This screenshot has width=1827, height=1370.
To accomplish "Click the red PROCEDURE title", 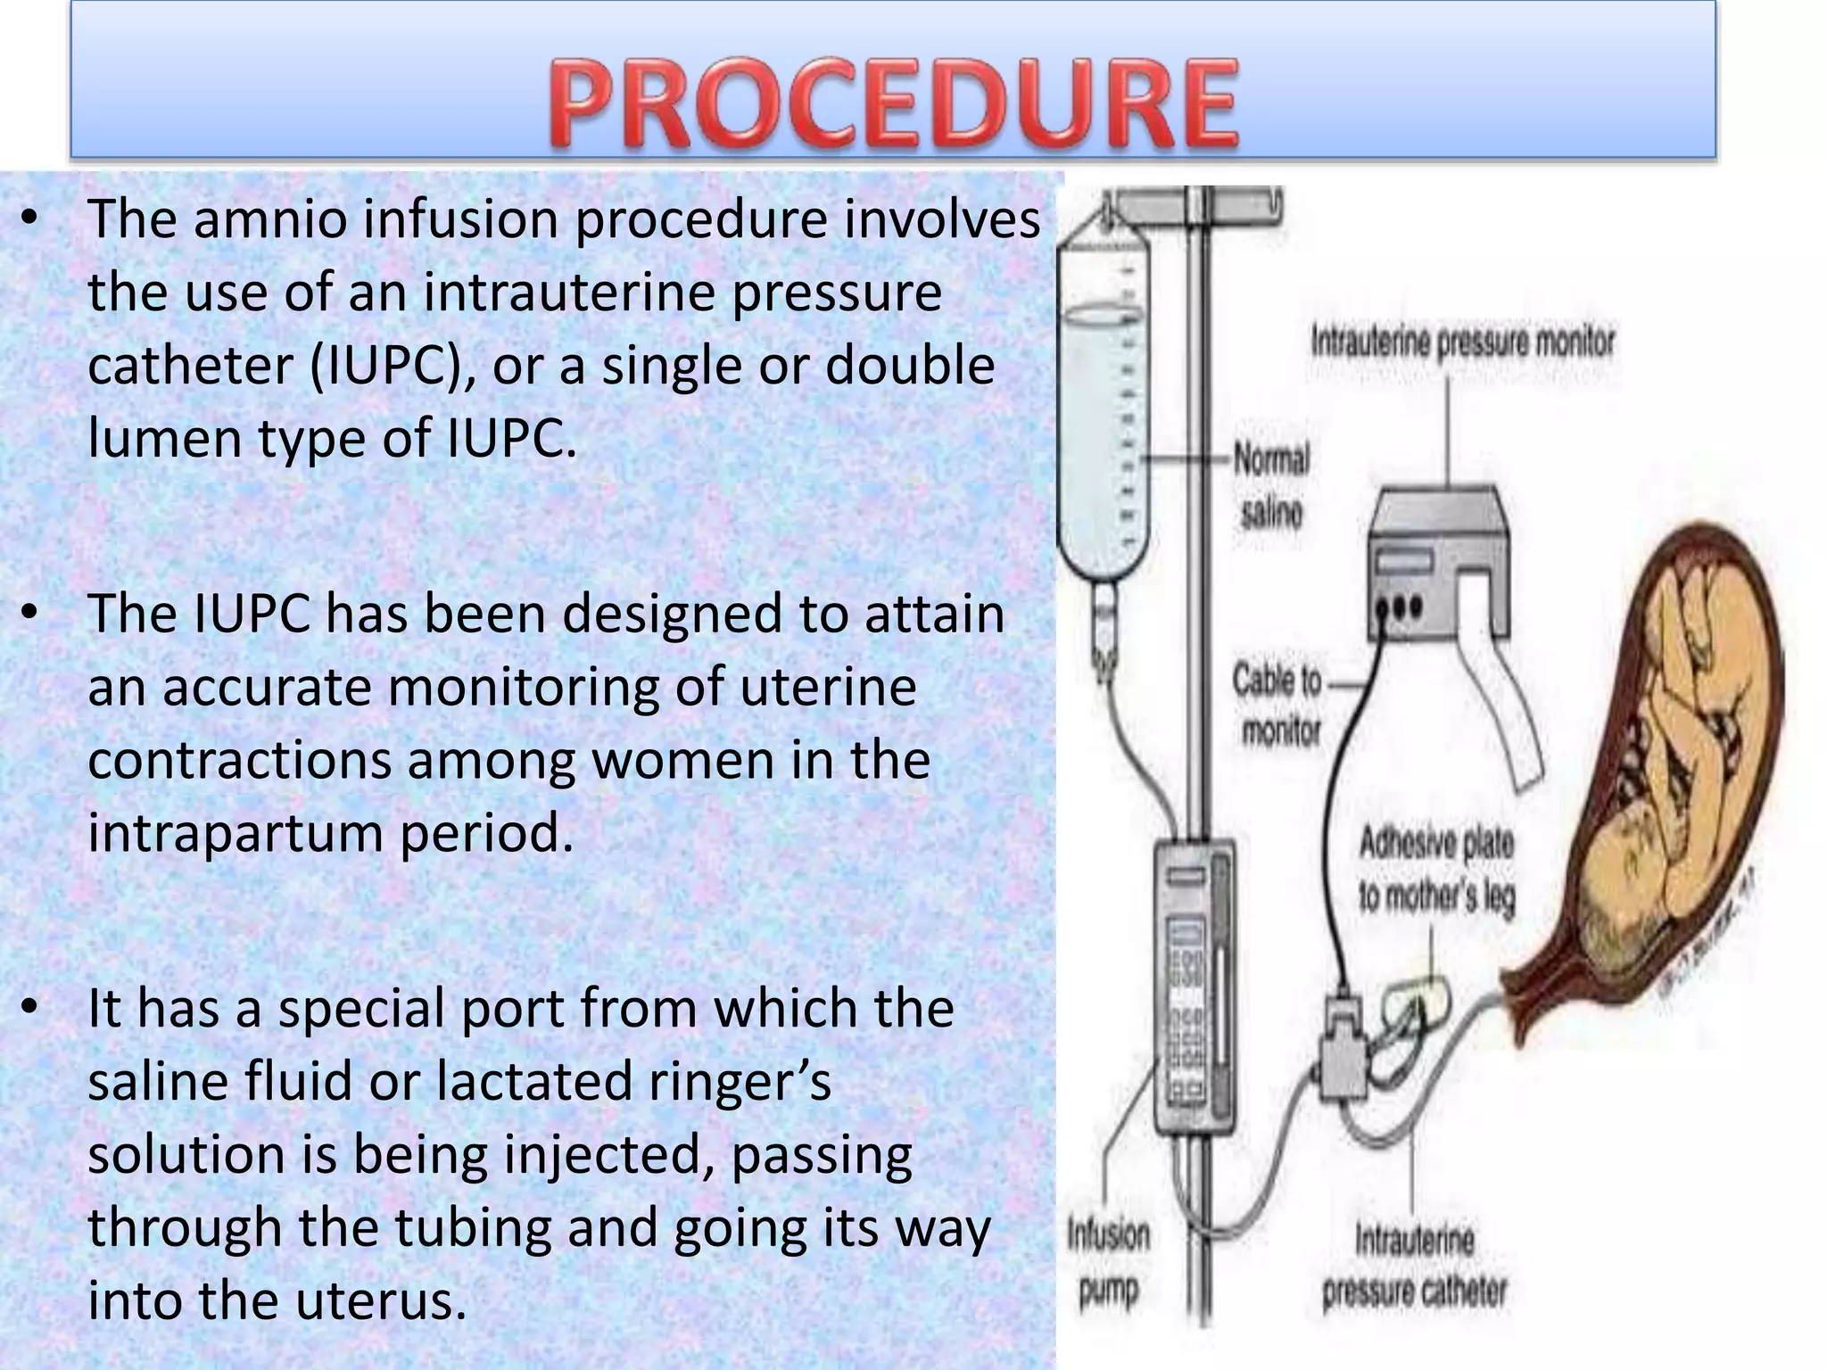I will point(893,103).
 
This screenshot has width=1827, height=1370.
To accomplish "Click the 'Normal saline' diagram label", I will point(1271,486).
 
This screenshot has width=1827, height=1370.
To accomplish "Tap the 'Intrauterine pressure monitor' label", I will point(1462,342).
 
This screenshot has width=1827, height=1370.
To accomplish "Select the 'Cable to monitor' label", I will point(1277,706).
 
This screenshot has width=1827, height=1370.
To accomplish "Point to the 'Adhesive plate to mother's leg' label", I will point(1436,870).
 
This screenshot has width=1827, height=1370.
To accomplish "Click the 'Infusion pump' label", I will point(1108,1261).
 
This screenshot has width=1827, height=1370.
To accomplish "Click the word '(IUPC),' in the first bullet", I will point(390,366).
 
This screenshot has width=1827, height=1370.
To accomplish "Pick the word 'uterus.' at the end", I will point(381,1300).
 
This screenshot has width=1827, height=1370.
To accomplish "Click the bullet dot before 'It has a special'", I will point(30,1007).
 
